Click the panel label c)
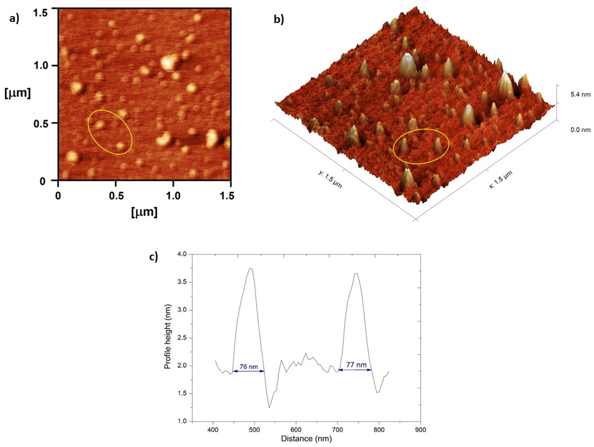coord(154,257)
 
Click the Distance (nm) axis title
coord(306,439)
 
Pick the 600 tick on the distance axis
coord(296,430)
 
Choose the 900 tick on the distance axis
coord(420,430)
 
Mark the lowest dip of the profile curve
coord(269,408)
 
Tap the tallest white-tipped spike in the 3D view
coord(408,58)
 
